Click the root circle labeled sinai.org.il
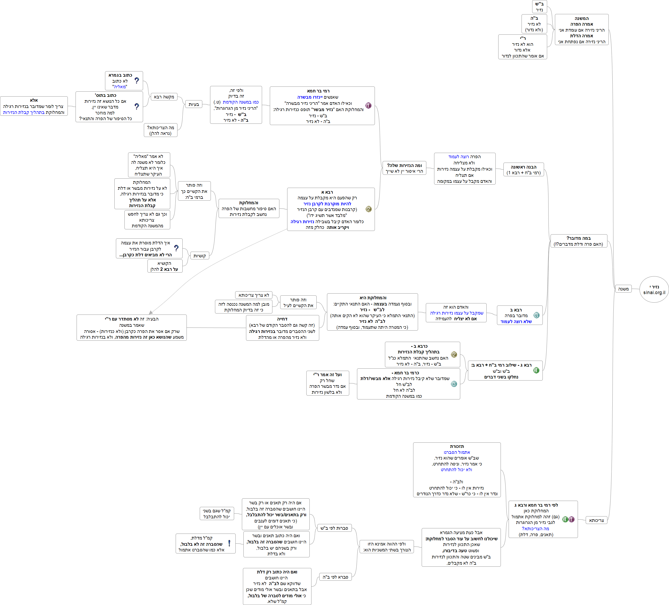[654, 289]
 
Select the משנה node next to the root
[623, 289]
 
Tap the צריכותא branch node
[596, 520]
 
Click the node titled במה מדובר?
[578, 241]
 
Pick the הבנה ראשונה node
[524, 170]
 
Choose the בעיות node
[194, 104]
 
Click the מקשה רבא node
[164, 97]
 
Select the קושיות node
[199, 256]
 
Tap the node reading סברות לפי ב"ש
[334, 528]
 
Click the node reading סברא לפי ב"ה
[335, 577]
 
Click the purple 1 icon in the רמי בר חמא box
[368, 106]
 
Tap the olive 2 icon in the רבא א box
[368, 209]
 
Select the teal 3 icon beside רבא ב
[536, 315]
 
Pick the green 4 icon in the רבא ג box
[536, 370]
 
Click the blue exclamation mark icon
[229, 543]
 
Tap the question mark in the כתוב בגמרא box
[137, 81]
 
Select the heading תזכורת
[457, 446]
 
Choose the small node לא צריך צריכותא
[254, 295]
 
